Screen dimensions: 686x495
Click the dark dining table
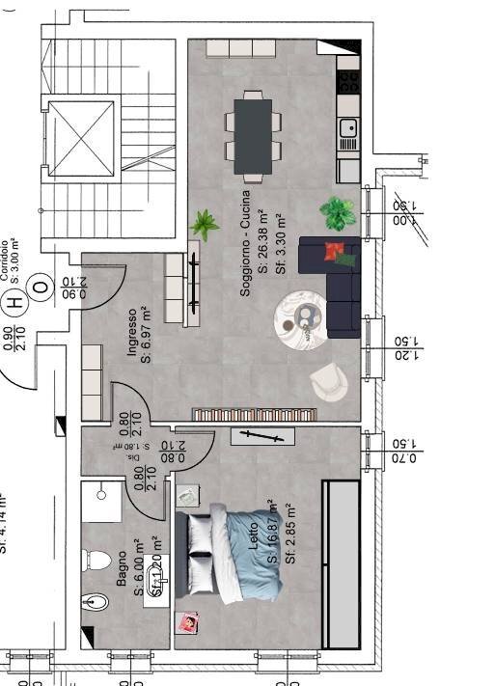point(254,136)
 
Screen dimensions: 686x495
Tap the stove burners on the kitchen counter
point(348,80)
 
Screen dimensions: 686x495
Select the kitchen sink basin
point(348,126)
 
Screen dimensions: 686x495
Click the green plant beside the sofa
point(337,212)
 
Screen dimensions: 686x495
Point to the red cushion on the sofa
point(335,253)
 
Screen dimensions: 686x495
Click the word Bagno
point(123,569)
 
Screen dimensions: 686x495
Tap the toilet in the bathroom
point(96,559)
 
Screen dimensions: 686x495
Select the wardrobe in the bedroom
point(344,563)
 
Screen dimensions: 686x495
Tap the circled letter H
point(14,302)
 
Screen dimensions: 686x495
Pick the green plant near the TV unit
point(204,225)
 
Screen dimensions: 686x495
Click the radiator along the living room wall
point(255,414)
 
